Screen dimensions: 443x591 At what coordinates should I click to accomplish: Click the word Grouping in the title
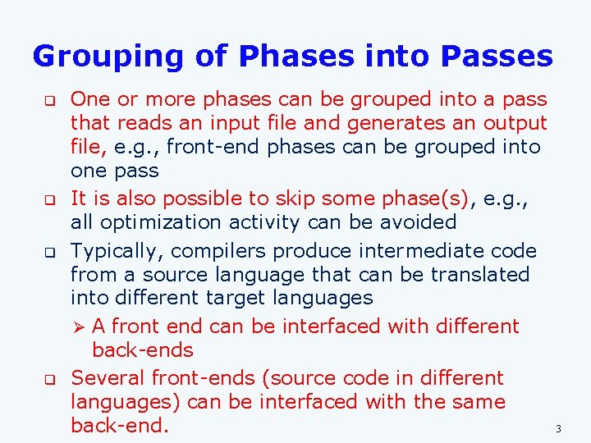click(x=110, y=57)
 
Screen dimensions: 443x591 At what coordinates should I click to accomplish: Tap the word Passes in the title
click(x=497, y=57)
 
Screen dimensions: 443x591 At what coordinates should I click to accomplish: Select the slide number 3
click(x=558, y=429)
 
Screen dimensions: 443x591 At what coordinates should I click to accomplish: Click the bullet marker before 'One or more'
click(x=48, y=101)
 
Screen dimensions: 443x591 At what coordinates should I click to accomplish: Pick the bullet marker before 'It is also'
click(x=48, y=199)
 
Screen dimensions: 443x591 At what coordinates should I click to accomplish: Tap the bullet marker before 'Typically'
click(x=48, y=252)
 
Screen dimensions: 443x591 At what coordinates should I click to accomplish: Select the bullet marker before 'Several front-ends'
click(x=48, y=380)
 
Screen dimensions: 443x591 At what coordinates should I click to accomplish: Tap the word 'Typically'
click(x=112, y=251)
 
